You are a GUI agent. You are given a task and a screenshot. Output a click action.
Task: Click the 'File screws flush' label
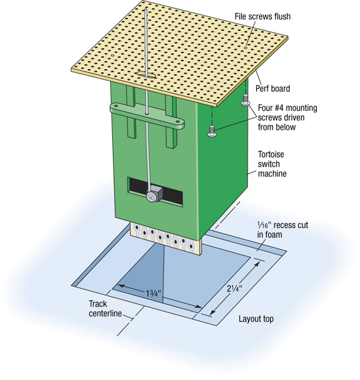[x=262, y=16]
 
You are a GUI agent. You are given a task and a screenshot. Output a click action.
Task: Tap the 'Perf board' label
[x=273, y=89]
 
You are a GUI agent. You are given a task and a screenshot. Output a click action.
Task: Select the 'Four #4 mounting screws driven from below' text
[x=288, y=118]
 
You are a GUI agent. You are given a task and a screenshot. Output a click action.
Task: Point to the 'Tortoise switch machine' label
[x=272, y=164]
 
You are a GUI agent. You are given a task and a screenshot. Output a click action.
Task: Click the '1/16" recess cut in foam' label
[x=283, y=230]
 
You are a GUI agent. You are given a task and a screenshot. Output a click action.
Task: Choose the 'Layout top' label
[x=256, y=319]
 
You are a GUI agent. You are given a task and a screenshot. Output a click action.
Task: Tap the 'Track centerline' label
[x=105, y=308]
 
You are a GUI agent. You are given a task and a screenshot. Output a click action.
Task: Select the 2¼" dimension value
[x=235, y=288]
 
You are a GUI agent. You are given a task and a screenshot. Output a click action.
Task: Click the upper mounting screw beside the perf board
[x=245, y=100]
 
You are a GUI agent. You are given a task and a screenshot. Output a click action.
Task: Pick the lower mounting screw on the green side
[x=212, y=131]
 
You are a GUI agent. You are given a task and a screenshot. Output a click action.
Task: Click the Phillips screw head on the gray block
[x=151, y=197]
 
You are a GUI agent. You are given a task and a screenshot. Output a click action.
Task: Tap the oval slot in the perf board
[x=146, y=74]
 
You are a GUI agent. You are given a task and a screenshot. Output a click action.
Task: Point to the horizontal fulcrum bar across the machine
[x=147, y=116]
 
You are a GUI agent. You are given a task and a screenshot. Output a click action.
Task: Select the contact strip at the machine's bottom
[x=166, y=239]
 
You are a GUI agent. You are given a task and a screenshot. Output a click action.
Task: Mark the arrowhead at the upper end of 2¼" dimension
[x=257, y=263]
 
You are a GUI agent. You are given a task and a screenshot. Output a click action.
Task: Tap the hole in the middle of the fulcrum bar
[x=147, y=113]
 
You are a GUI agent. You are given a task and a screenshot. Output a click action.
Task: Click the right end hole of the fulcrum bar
[x=178, y=121]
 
